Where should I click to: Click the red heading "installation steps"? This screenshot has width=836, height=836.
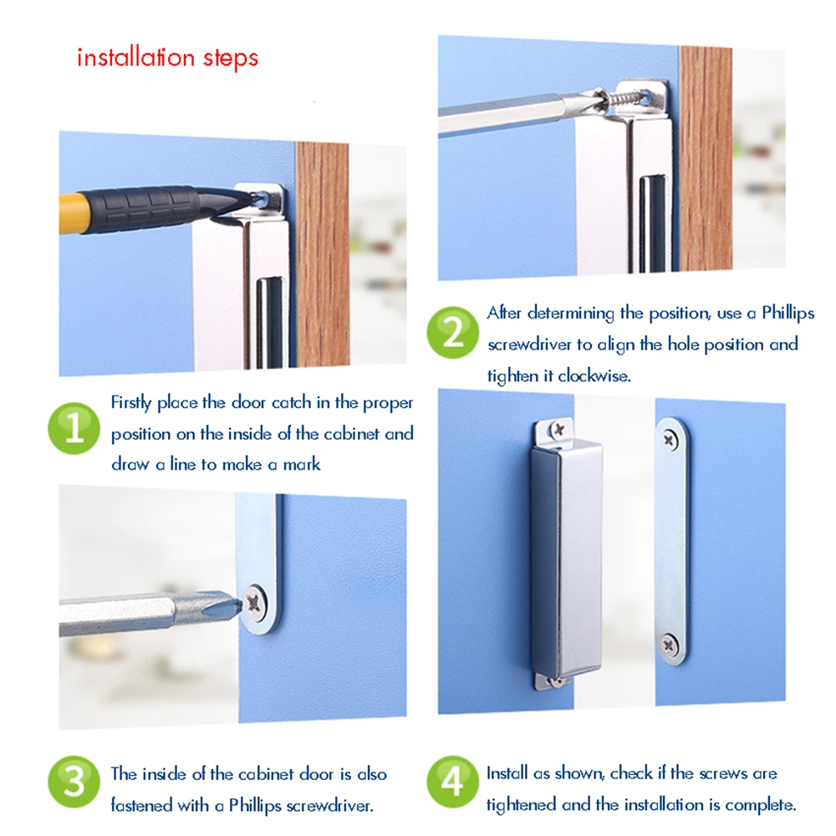pyautogui.click(x=167, y=59)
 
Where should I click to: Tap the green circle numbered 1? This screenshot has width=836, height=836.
pyautogui.click(x=74, y=428)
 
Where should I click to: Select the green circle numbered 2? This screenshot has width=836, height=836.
pyautogui.click(x=452, y=332)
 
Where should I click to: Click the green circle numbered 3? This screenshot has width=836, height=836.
pyautogui.click(x=74, y=782)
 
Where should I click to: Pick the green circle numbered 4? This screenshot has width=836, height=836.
pyautogui.click(x=452, y=782)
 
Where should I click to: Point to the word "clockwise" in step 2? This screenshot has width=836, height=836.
pyautogui.click(x=594, y=376)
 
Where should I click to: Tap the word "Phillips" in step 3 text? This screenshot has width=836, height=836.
pyautogui.click(x=255, y=806)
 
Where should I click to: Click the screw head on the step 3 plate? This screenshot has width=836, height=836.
pyautogui.click(x=255, y=604)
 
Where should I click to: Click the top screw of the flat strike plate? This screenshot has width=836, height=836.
pyautogui.click(x=670, y=440)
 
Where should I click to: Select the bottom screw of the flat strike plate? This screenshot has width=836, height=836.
pyautogui.click(x=670, y=645)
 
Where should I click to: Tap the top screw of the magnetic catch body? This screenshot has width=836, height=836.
pyautogui.click(x=558, y=429)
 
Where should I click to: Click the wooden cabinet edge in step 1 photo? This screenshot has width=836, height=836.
pyautogui.click(x=323, y=254)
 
